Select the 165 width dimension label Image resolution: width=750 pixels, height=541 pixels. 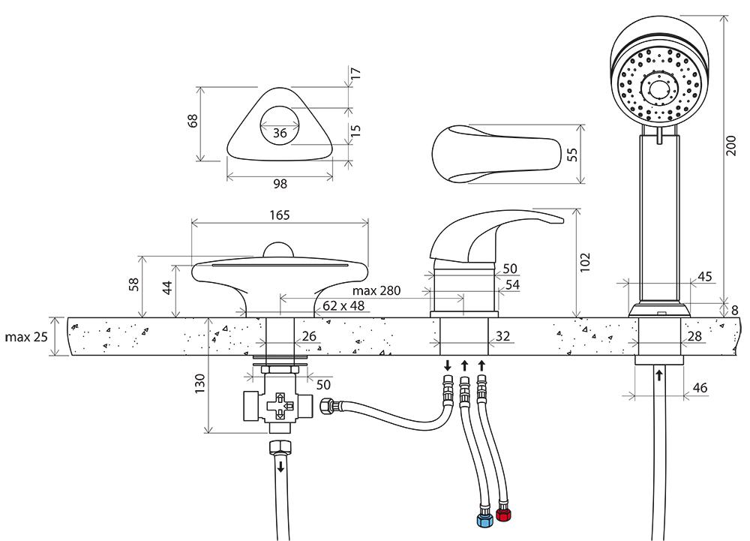coord(278,215)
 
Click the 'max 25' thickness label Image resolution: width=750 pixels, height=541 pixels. coord(25,337)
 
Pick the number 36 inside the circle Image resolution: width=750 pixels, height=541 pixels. coord(280,133)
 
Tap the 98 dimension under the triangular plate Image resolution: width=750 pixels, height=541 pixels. coord(280,183)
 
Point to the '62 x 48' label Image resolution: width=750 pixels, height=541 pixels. coord(343,305)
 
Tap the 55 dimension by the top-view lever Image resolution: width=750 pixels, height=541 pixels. coord(572,155)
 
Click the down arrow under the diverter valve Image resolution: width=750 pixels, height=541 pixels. coord(280,467)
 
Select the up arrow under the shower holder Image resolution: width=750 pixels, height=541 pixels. coord(658,373)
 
